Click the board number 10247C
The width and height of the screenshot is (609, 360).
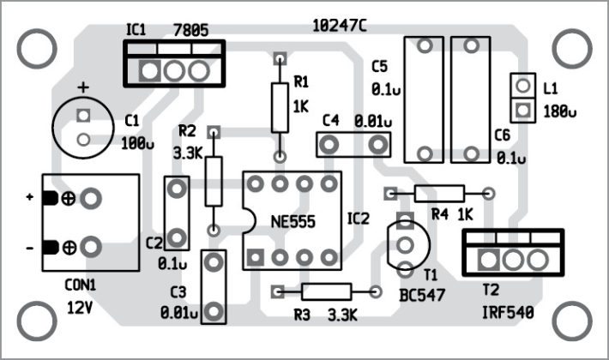(x=340, y=27)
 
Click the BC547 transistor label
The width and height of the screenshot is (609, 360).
(x=419, y=294)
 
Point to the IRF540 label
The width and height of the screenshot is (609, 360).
(x=507, y=314)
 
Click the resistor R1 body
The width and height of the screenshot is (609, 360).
(x=279, y=107)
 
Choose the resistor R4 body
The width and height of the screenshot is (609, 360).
(x=439, y=193)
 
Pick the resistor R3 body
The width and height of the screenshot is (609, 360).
(x=326, y=291)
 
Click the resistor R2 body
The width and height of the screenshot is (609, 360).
(x=214, y=180)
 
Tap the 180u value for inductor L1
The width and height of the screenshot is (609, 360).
(x=560, y=111)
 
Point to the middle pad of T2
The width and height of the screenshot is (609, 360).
(x=513, y=259)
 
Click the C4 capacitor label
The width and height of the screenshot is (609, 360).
(x=333, y=120)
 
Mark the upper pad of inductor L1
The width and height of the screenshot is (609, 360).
(x=522, y=86)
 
